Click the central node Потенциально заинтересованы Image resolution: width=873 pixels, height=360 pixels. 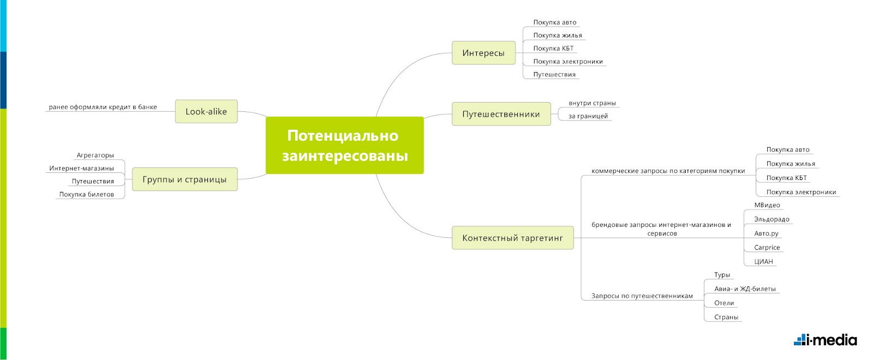[x=344, y=145]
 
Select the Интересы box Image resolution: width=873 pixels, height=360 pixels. [x=483, y=53]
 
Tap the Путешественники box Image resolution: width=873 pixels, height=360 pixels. [x=501, y=114]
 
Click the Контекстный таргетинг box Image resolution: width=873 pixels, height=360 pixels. [x=512, y=238]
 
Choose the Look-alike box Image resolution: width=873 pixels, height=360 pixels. [x=206, y=111]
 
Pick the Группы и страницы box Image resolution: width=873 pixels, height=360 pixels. [x=184, y=179]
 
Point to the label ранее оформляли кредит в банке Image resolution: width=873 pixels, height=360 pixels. [x=103, y=107]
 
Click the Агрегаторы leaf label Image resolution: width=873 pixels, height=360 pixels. [x=95, y=155]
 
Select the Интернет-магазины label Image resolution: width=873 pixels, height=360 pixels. [x=81, y=169]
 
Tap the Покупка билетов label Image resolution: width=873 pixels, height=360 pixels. [x=86, y=195]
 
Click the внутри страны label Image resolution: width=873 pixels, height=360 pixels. [x=592, y=103]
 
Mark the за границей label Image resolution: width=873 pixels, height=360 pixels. [x=588, y=116]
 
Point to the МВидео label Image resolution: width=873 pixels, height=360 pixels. [x=767, y=205]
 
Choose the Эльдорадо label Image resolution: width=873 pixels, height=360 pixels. [x=772, y=219]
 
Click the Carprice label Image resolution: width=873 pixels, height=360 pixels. [x=767, y=248]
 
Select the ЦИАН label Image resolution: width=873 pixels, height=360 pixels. [x=763, y=262]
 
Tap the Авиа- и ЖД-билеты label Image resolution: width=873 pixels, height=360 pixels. [x=745, y=289]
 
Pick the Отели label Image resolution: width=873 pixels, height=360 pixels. [x=724, y=303]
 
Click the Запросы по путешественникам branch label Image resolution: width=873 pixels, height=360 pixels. [x=642, y=296]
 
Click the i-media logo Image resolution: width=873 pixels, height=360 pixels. [x=825, y=340]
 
